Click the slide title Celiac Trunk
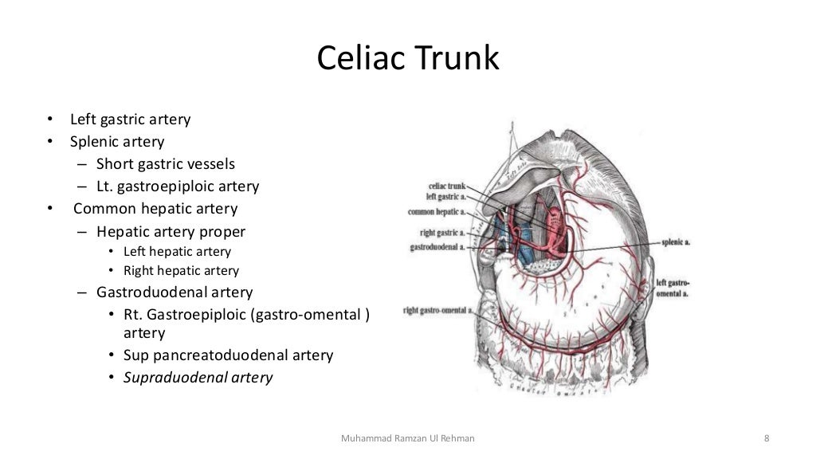point(408,59)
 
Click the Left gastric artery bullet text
point(131,120)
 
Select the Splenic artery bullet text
point(117,142)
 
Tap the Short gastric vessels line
point(166,164)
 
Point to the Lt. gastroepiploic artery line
point(178,186)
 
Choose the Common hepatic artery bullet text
point(155,209)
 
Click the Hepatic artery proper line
point(171,232)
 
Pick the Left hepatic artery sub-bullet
point(177,252)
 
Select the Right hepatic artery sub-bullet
point(181,271)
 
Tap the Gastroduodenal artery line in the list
point(175,292)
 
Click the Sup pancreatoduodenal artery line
point(228,355)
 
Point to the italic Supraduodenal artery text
point(198,378)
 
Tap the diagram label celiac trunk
point(446,186)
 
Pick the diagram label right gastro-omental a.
point(437,310)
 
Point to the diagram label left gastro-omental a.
point(673,288)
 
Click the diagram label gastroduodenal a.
point(437,248)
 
